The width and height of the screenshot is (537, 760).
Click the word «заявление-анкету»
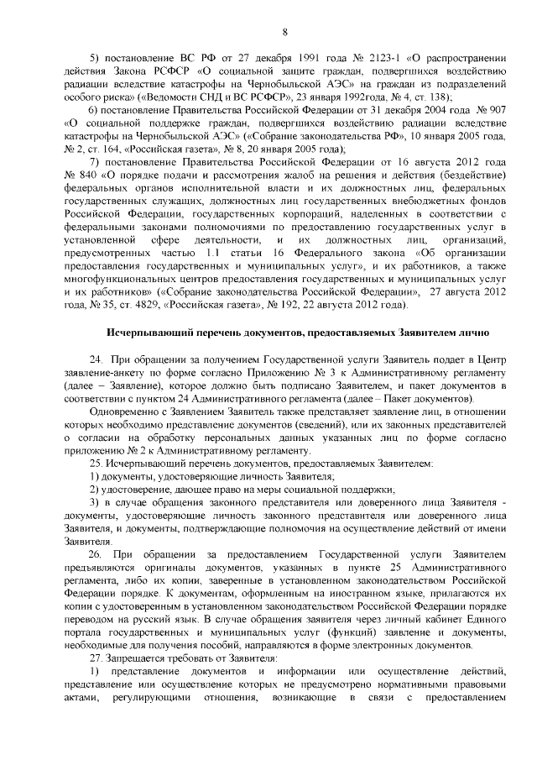click(106, 373)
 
